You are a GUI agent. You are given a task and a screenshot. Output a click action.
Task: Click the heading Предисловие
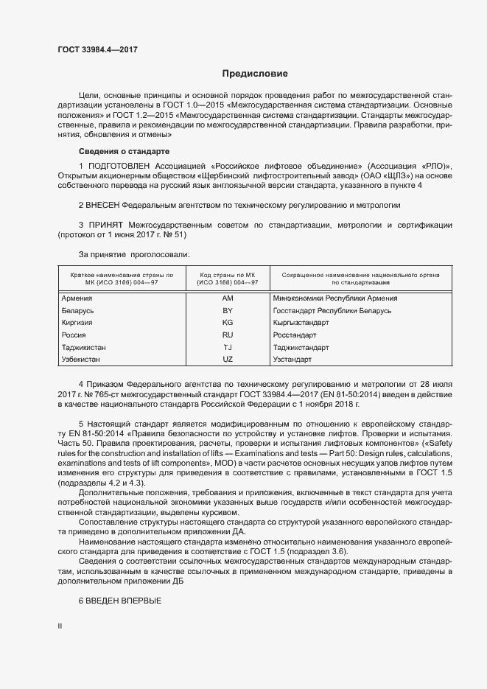[x=255, y=74]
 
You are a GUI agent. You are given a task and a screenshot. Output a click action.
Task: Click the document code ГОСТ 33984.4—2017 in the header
[x=97, y=50]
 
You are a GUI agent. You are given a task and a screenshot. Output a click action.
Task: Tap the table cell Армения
[x=77, y=298]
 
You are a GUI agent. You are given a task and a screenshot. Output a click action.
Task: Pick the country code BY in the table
[x=227, y=311]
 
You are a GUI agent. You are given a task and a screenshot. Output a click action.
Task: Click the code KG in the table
[x=227, y=323]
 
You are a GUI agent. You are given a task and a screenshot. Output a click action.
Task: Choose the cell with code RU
[x=227, y=335]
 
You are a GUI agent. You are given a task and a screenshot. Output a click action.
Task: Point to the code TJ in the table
[x=227, y=347]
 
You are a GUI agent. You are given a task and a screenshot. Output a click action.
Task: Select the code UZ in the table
[x=227, y=360]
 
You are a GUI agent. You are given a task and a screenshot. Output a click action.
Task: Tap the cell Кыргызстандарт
[x=301, y=323]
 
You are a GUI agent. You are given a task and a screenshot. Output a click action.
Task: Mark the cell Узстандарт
[x=292, y=360]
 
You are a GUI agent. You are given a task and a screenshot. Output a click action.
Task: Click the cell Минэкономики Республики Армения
[x=334, y=298]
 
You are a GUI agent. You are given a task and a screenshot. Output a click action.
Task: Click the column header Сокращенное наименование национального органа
[x=360, y=275]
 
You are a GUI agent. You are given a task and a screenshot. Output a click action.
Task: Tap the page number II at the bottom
[x=60, y=626]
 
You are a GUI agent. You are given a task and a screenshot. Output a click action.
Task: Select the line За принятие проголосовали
[x=133, y=254]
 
